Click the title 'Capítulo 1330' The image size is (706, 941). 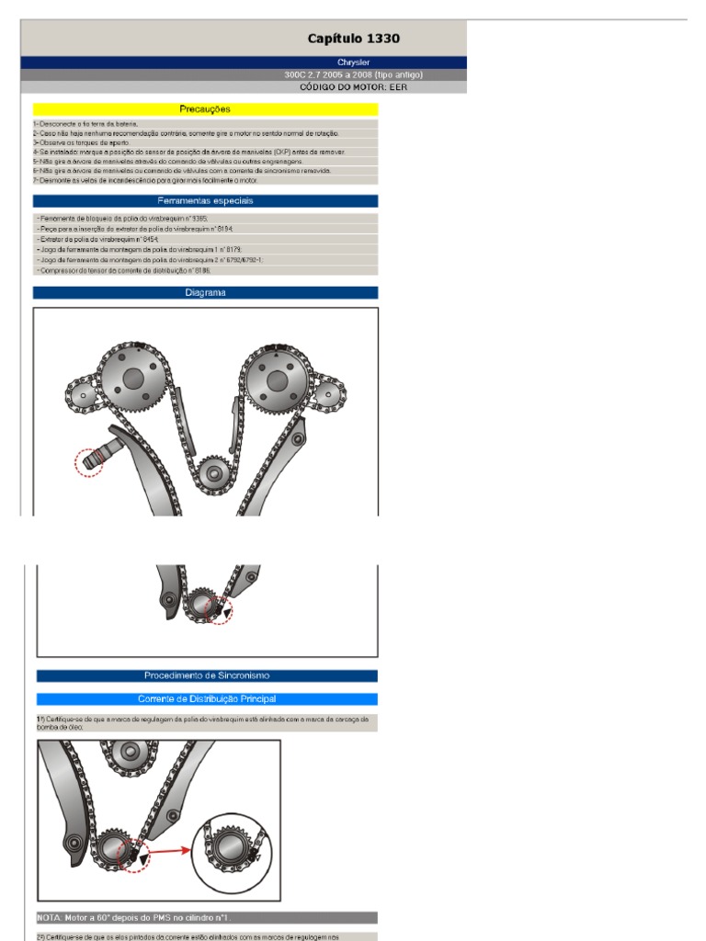(354, 39)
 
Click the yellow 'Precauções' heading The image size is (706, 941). (205, 109)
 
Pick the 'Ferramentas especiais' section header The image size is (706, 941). (205, 200)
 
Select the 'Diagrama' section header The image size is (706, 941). (205, 293)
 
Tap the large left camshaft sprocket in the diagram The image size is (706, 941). (132, 378)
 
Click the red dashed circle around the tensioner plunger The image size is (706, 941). (89, 459)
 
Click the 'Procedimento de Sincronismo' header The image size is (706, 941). (207, 675)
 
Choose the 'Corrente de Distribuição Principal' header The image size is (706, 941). (207, 699)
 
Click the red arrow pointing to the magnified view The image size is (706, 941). (171, 851)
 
